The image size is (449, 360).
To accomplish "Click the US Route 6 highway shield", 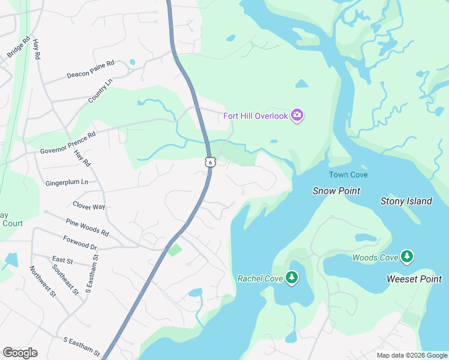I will (x=209, y=162).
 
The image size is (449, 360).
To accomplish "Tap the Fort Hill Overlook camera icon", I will (x=297, y=115).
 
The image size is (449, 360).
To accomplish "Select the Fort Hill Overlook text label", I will (x=256, y=116).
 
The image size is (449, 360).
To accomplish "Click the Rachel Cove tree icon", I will (x=292, y=277).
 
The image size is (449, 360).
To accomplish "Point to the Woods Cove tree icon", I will (x=408, y=257).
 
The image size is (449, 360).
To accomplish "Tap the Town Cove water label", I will (x=348, y=175).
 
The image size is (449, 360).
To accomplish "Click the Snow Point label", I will (x=336, y=191).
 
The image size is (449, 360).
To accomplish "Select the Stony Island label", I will (x=406, y=201).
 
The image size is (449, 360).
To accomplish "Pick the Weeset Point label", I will (x=414, y=279).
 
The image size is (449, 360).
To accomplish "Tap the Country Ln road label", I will (x=100, y=91).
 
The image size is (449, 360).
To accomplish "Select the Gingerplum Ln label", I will (x=67, y=182).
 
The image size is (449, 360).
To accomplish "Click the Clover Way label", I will (x=89, y=206).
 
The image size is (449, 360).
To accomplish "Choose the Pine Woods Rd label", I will (x=87, y=227).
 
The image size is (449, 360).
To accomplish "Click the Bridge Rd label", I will (x=19, y=48).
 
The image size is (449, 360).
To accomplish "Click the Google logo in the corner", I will (x=20, y=353).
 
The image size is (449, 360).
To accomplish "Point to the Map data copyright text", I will (x=411, y=355).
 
